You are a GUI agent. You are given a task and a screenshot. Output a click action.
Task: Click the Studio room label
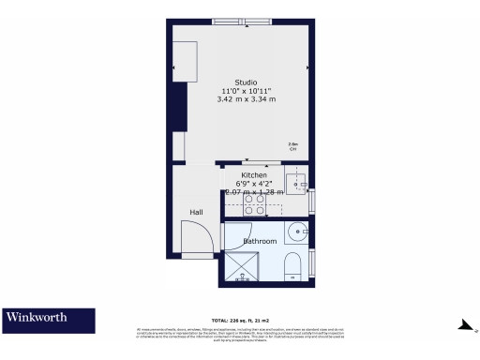(x=247, y=81)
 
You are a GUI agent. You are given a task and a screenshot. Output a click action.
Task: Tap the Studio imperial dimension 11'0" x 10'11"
(x=247, y=90)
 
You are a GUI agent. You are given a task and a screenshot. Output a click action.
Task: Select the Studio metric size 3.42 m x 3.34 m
(x=247, y=98)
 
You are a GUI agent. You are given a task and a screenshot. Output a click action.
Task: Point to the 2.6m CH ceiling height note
(x=292, y=146)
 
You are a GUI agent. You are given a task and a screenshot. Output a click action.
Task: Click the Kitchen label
(x=254, y=175)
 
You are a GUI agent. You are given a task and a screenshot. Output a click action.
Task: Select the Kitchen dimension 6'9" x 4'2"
(x=254, y=184)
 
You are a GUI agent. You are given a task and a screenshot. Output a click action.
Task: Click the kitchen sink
(x=296, y=182)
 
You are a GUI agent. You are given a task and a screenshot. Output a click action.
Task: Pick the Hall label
(x=197, y=213)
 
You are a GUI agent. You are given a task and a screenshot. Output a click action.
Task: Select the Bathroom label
(x=260, y=242)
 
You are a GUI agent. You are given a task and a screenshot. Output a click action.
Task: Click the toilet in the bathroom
(x=292, y=265)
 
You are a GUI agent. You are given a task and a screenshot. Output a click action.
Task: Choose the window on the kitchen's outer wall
(x=312, y=200)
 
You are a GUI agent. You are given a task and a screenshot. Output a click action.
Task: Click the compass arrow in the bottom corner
(x=463, y=325)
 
